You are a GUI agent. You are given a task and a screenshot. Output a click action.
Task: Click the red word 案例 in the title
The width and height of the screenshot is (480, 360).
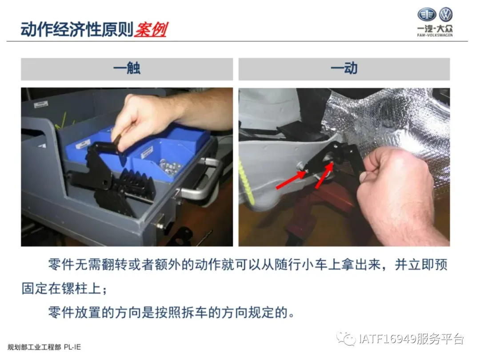[x=151, y=30]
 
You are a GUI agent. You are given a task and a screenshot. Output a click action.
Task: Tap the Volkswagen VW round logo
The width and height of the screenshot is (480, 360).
[x=445, y=14]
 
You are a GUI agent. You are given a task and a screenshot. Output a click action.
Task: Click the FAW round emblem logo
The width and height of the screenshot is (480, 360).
[x=427, y=14]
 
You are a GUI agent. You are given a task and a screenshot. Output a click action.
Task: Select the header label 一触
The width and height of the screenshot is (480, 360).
[x=127, y=68]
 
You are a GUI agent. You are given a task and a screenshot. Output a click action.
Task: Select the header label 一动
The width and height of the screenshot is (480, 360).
[x=344, y=68]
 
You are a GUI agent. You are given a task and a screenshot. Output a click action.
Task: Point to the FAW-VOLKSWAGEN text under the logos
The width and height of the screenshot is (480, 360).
[x=435, y=35]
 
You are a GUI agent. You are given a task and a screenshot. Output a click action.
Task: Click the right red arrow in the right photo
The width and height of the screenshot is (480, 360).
[x=324, y=175]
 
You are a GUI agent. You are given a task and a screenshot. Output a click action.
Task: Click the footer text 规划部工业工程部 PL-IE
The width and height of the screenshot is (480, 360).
[x=44, y=347]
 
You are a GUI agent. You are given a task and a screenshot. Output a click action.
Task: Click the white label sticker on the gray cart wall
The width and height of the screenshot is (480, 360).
[x=41, y=104]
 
